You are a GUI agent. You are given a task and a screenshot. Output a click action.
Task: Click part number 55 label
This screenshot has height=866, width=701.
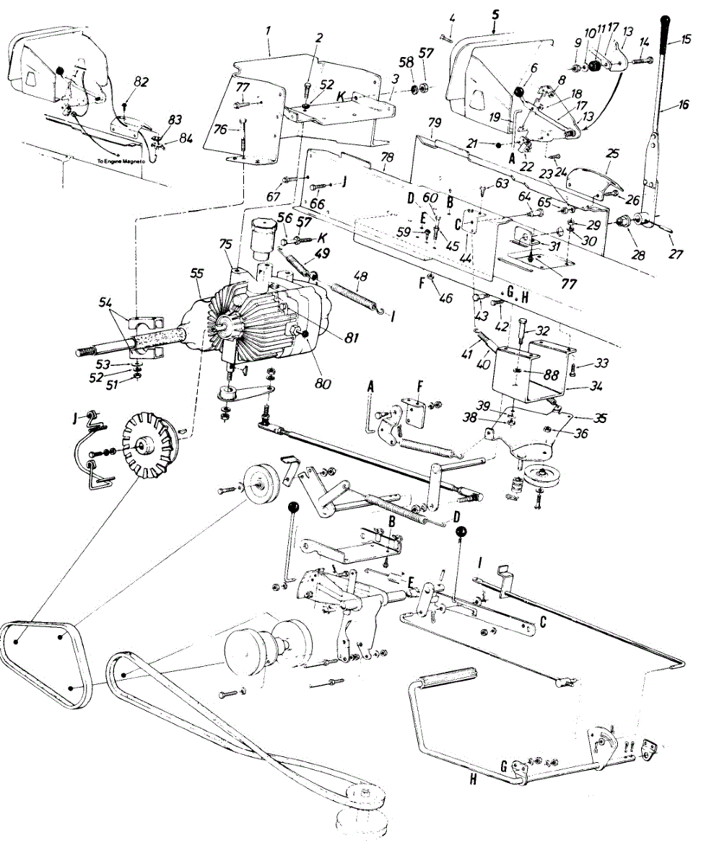[x=197, y=274]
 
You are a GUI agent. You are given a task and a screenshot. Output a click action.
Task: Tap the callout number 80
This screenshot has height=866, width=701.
[x=323, y=383]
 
